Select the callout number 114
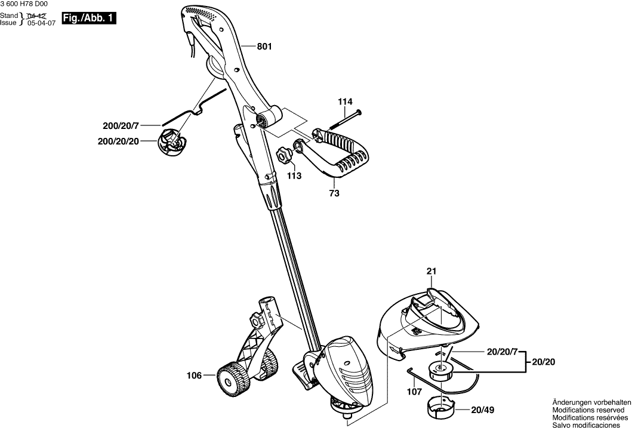pos(345,102)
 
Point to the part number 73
pos(334,193)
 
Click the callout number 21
pos(431,272)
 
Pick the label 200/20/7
pos(120,126)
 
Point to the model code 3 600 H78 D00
pos(24,4)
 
